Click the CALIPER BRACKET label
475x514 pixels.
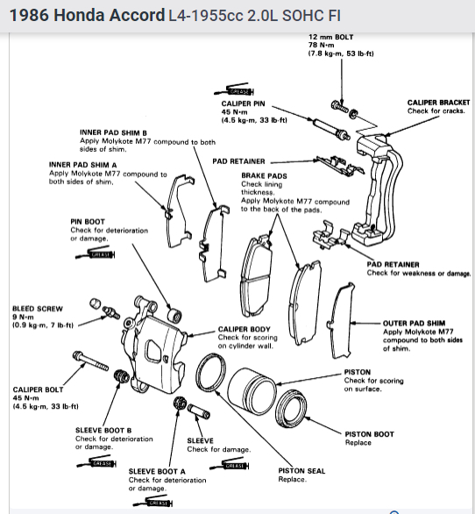click(x=438, y=103)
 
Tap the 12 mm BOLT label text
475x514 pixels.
click(x=331, y=37)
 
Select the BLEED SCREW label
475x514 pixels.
click(x=38, y=309)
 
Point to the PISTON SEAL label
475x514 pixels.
click(x=301, y=471)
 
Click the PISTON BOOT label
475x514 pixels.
click(x=369, y=434)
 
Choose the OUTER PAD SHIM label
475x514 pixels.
click(x=414, y=323)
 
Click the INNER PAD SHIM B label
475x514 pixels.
click(x=113, y=132)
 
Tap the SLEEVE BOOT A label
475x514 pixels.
click(x=157, y=471)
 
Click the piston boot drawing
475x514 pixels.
click(x=291, y=408)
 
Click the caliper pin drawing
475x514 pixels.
click(x=331, y=129)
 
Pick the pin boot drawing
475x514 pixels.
click(x=174, y=316)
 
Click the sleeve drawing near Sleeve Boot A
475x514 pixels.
click(x=199, y=411)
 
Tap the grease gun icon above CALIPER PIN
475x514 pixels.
click(x=234, y=89)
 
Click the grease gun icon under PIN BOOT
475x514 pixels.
click(x=96, y=253)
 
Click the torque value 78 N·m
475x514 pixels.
click(x=321, y=46)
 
